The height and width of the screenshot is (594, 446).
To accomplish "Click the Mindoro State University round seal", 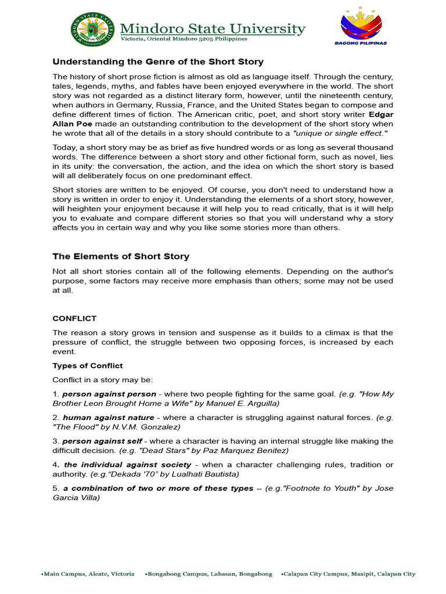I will click(93, 30).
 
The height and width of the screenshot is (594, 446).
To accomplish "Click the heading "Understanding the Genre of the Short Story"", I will click(158, 61).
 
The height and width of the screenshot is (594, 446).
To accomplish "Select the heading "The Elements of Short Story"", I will click(121, 256).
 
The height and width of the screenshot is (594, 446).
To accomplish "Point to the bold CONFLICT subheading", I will click(74, 318).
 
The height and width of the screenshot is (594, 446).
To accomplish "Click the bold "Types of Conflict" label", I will click(88, 365).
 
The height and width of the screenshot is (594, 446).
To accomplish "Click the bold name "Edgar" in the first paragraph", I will click(381, 114).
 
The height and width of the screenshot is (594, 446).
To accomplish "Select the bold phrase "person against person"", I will click(109, 394).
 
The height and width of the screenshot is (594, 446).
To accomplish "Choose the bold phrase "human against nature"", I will click(109, 418).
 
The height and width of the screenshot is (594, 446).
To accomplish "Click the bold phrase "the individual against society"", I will click(127, 465).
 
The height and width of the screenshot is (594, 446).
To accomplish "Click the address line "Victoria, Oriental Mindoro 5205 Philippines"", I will click(184, 39).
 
